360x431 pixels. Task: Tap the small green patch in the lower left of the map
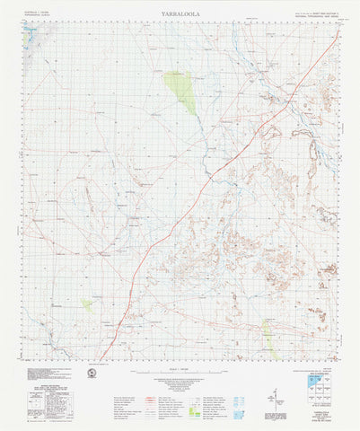pyautogui.click(x=87, y=305)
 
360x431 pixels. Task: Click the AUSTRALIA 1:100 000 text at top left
pyautogui.click(x=38, y=11)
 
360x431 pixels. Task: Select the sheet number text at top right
pyautogui.click(x=314, y=13)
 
